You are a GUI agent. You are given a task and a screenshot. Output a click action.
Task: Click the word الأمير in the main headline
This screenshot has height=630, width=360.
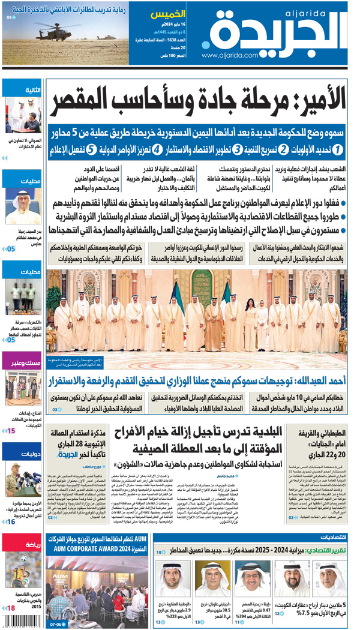click(314, 103)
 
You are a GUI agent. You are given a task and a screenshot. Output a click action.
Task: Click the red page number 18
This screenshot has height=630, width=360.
click(11, 608)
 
